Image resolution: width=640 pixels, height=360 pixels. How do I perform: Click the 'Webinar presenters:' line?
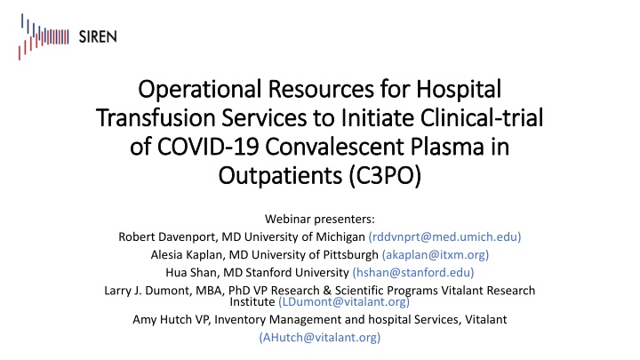point(319,219)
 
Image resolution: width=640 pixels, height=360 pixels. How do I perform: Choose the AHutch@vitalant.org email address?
point(319,337)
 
